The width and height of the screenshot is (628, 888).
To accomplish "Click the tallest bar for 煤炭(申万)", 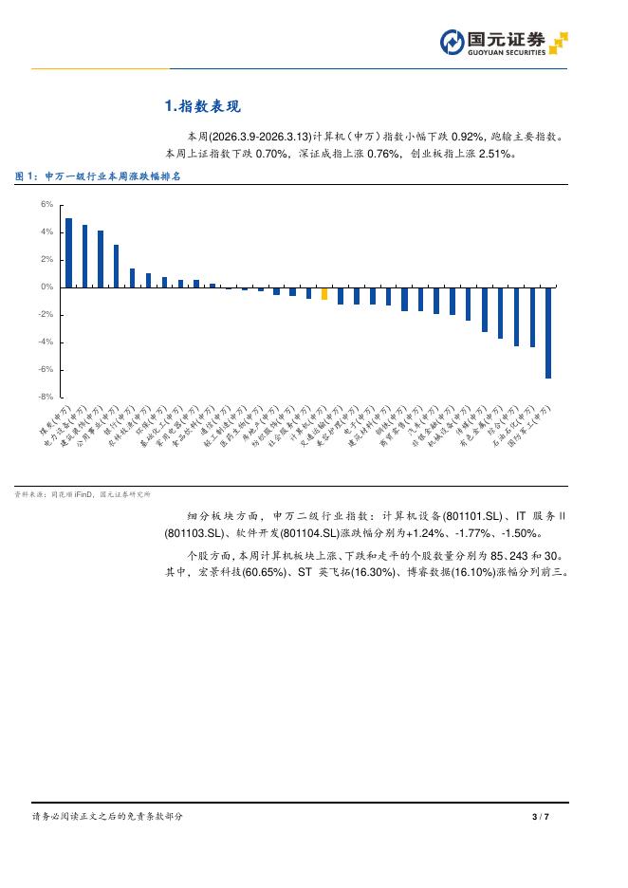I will [x=68, y=252].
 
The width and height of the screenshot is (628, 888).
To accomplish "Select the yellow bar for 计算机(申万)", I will [x=324, y=293].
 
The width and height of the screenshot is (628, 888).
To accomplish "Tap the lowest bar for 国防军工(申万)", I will [x=548, y=332].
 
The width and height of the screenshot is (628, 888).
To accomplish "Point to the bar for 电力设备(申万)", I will [x=84, y=255].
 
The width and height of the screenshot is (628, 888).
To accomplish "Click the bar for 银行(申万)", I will [x=133, y=277].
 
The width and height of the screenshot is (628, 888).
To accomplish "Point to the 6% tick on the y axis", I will [x=46, y=204].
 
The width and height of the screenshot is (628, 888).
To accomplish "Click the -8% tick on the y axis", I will [x=46, y=397].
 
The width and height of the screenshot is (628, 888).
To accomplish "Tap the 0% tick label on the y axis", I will [x=46, y=287].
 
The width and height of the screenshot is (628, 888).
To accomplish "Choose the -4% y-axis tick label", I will [x=46, y=342].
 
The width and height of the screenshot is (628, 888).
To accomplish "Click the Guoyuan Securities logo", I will [x=503, y=43].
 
